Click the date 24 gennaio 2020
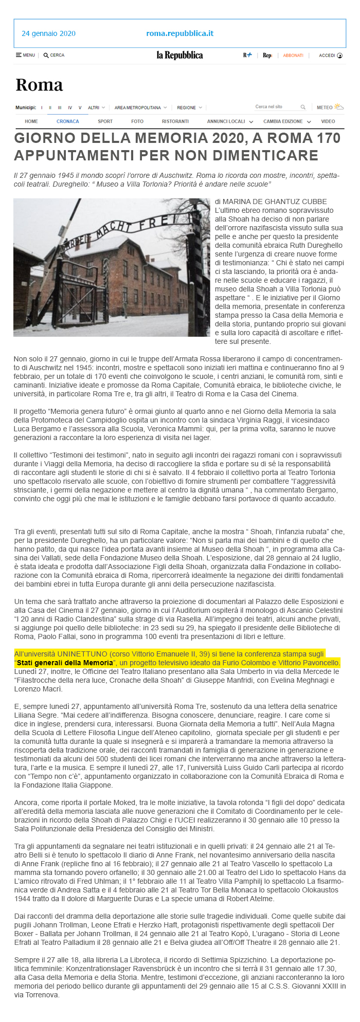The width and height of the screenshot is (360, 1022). pyautogui.click(x=48, y=33)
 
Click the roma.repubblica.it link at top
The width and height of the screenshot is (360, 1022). pyautogui.click(x=179, y=33)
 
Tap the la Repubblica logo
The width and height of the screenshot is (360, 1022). pyautogui.click(x=179, y=55)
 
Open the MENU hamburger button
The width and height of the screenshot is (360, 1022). pyautogui.click(x=25, y=55)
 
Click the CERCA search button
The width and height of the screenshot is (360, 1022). pyautogui.click(x=54, y=55)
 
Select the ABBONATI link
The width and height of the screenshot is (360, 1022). pyautogui.click(x=293, y=55)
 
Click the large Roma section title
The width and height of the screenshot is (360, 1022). pyautogui.click(x=39, y=85)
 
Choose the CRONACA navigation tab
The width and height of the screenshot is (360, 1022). pyautogui.click(x=68, y=121)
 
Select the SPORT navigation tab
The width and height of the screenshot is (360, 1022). pyautogui.click(x=105, y=121)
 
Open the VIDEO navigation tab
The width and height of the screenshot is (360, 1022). pyautogui.click(x=328, y=121)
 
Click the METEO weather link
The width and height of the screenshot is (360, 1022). pyautogui.click(x=330, y=107)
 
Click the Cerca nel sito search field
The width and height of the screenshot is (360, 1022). pyautogui.click(x=276, y=107)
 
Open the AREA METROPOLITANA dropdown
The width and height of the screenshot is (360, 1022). pyautogui.click(x=140, y=107)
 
